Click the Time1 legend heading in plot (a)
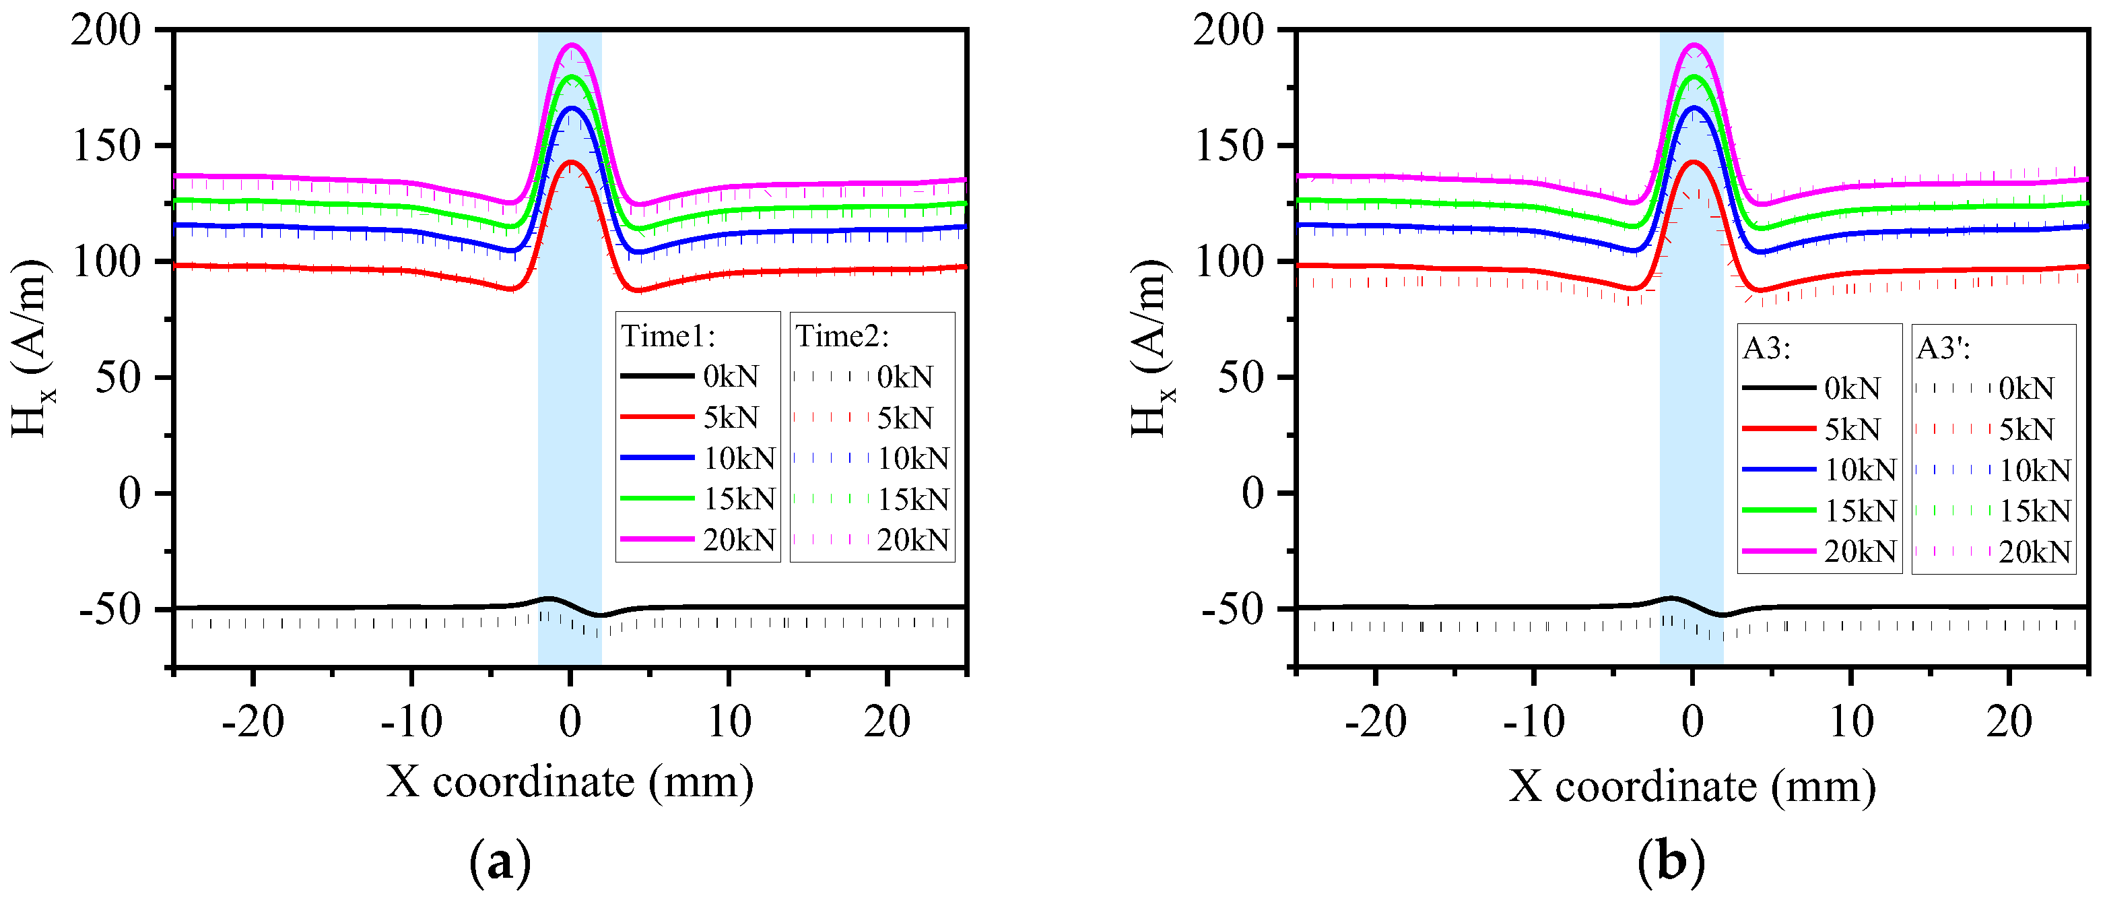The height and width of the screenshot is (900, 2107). point(668,336)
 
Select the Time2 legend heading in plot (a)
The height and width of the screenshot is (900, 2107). point(842,336)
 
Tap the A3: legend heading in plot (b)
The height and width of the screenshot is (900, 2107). point(1767,348)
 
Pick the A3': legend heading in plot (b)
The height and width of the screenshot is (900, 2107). point(1943,348)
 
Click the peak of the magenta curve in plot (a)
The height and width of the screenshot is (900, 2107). point(572,46)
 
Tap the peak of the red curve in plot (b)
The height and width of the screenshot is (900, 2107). point(1693,162)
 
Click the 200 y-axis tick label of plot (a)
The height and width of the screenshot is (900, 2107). point(106,31)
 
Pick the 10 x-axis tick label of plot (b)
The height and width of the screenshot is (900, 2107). point(1851,722)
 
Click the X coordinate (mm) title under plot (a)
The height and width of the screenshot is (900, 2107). point(570,781)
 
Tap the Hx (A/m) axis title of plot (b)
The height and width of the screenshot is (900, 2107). point(1151,348)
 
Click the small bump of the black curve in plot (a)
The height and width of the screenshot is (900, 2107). point(549,599)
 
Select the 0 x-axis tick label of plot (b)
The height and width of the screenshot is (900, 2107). point(1692,722)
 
